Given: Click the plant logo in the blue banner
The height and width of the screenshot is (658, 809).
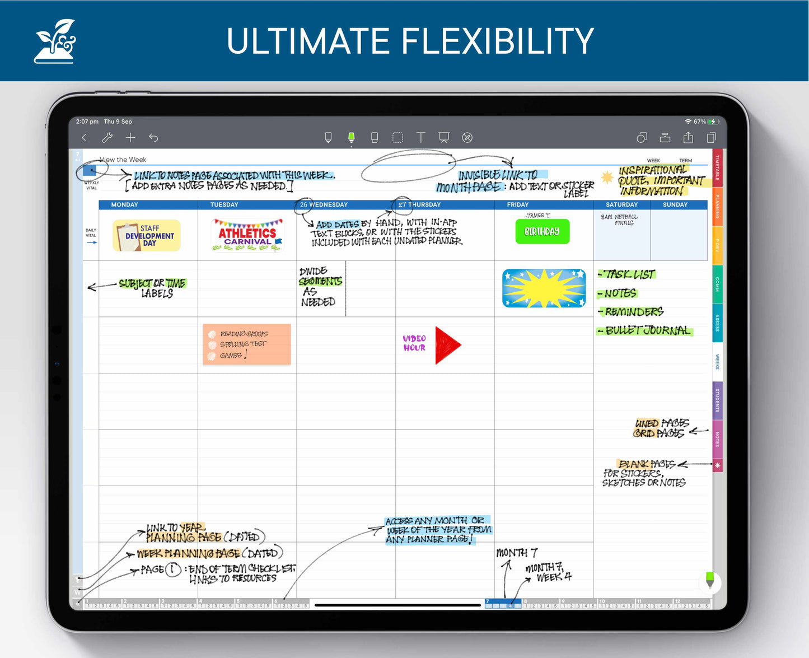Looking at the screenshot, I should (x=55, y=41).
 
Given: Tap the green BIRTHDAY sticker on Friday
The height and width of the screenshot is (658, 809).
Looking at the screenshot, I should (x=542, y=231).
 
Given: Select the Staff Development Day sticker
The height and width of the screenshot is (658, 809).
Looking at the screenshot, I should (x=147, y=236).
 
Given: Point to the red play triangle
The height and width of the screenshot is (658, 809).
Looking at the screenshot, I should (x=447, y=346).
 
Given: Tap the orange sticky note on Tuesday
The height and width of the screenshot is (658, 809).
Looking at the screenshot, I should (x=246, y=344).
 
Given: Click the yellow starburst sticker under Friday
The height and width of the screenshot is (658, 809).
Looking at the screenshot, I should (x=544, y=288).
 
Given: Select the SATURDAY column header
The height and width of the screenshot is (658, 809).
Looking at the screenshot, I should (x=621, y=205).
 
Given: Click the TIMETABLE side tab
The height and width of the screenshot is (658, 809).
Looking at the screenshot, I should (x=717, y=168).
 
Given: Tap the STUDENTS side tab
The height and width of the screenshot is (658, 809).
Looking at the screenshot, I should (x=717, y=400).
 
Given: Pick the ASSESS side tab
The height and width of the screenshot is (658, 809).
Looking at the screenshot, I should (x=717, y=323).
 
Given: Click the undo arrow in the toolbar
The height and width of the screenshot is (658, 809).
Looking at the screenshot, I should (x=153, y=138).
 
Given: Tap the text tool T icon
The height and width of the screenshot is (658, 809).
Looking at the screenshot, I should (x=420, y=138).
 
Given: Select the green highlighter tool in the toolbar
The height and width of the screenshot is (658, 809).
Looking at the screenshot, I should (x=351, y=138).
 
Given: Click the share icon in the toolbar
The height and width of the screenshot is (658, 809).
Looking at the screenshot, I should (x=688, y=138).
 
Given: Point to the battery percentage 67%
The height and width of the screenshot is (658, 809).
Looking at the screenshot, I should (x=699, y=122).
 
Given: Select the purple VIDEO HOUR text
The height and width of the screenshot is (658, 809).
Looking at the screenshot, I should (x=414, y=343).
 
